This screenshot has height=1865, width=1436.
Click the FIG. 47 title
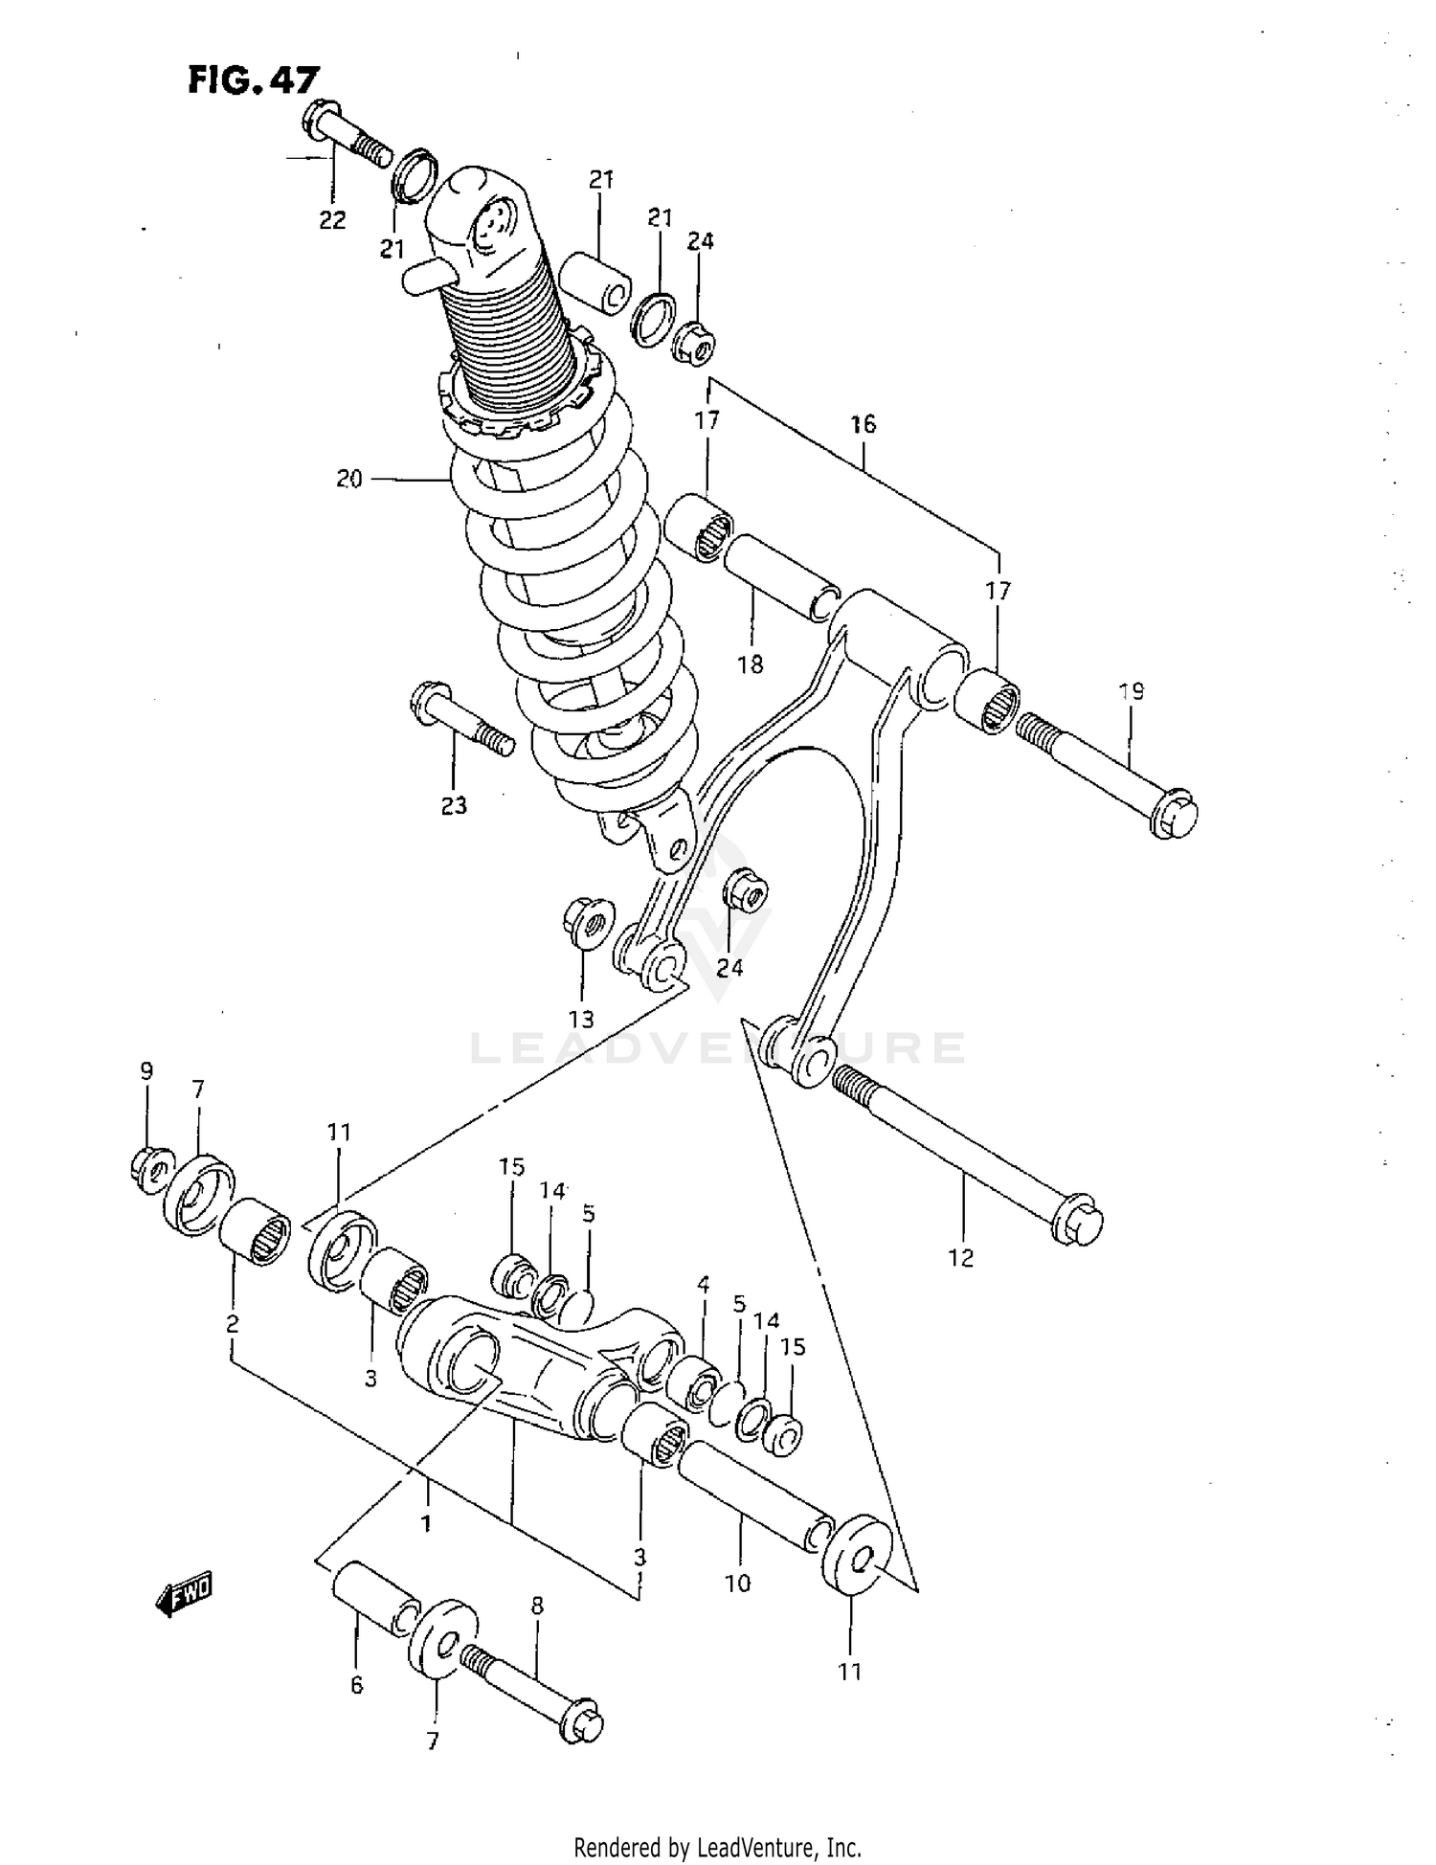tap(253, 79)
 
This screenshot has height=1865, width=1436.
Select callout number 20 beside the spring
tap(349, 479)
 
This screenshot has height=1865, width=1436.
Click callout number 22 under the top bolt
tap(332, 220)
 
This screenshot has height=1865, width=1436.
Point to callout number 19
tap(1132, 690)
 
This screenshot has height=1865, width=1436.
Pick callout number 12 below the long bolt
tap(960, 1258)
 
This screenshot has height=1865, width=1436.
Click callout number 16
tap(863, 424)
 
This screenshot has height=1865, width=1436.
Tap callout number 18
tap(751, 663)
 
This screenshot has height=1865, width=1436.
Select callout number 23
tap(454, 805)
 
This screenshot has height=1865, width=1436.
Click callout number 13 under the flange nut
tap(581, 1019)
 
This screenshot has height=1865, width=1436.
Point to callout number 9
tap(146, 1070)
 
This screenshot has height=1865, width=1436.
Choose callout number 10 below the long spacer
tap(737, 1584)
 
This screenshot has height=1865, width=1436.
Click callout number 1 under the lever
tap(425, 1522)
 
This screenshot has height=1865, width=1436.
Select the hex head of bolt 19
tap(1174, 815)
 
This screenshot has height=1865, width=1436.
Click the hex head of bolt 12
tap(1078, 1222)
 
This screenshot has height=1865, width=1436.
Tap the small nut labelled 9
tap(150, 1170)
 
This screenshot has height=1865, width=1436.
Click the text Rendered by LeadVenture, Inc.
tap(717, 1847)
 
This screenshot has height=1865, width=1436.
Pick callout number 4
tap(703, 1285)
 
